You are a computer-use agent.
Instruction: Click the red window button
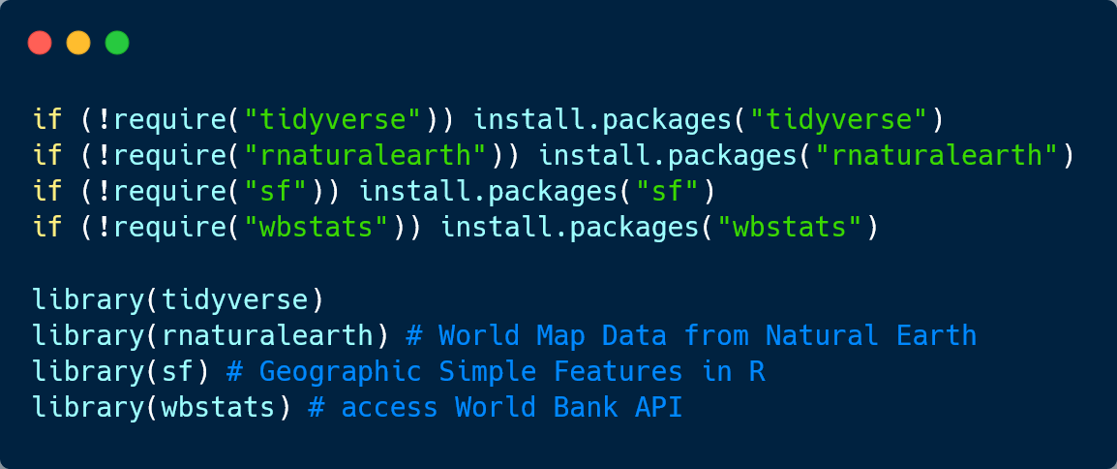pyautogui.click(x=40, y=43)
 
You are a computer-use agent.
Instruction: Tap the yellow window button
pyautogui.click(x=78, y=43)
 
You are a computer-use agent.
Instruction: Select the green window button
pyautogui.click(x=117, y=43)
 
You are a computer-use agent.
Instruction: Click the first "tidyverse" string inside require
pyautogui.click(x=335, y=119)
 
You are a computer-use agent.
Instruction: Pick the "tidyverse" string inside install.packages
pyautogui.click(x=840, y=119)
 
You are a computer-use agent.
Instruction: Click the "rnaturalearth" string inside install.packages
pyautogui.click(x=938, y=155)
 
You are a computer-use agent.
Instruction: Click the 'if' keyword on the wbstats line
pyautogui.click(x=47, y=229)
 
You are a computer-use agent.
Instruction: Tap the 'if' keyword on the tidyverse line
pyautogui.click(x=47, y=119)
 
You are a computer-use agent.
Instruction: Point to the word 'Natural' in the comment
pyautogui.click(x=822, y=335)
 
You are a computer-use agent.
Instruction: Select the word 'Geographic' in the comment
pyautogui.click(x=341, y=371)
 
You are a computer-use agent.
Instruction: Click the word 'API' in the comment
pyautogui.click(x=658, y=407)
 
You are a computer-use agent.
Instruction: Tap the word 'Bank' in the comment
pyautogui.click(x=585, y=407)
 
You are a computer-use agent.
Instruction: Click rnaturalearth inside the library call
pyautogui.click(x=268, y=335)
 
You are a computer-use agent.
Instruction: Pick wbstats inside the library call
pyautogui.click(x=219, y=407)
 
